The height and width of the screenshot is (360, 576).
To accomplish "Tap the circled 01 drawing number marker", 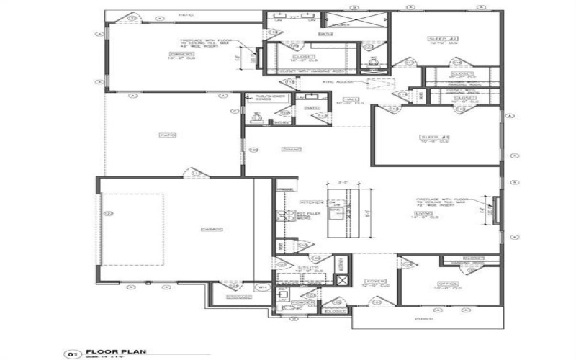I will pyautogui.click(x=72, y=354).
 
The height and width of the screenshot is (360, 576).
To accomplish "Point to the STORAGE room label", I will pyautogui.click(x=238, y=297).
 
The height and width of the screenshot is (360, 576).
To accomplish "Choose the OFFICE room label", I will pyautogui.click(x=448, y=284).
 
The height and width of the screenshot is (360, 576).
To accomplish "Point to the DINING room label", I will pyautogui.click(x=291, y=149).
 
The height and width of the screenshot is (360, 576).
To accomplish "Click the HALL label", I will pyautogui.click(x=351, y=99).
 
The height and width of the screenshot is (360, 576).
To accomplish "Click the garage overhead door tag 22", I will pyautogui.click(x=109, y=213).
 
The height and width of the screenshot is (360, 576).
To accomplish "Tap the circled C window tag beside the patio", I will pyautogui.click(x=234, y=112).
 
